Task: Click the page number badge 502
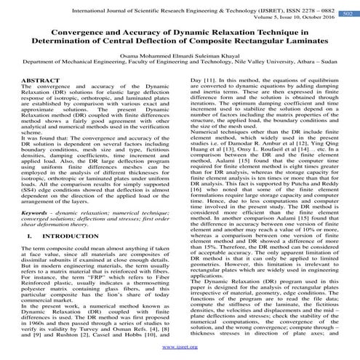tap(348, 12)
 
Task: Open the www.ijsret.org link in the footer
tap(180, 346)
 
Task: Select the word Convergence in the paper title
tap(63, 31)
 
